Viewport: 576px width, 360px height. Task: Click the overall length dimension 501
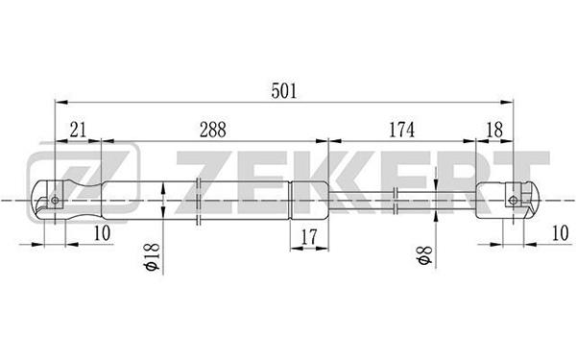[283, 91]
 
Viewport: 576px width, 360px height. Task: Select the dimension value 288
[213, 130]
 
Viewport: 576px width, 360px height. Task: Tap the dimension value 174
[401, 130]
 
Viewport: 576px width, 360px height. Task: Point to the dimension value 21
[78, 130]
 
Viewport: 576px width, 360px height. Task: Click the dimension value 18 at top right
[494, 130]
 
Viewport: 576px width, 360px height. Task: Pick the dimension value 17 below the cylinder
[308, 237]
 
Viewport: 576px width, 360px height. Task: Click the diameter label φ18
[153, 256]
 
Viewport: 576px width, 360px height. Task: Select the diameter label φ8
[424, 255]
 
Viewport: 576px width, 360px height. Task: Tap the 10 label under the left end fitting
[102, 233]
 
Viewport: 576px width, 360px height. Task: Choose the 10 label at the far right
[561, 233]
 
